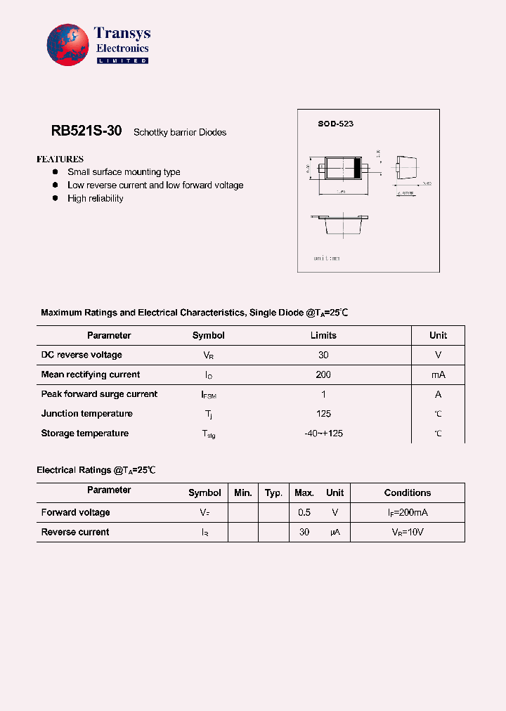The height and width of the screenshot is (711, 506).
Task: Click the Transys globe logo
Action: click(x=68, y=45)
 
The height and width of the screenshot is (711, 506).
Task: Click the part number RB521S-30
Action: click(x=86, y=131)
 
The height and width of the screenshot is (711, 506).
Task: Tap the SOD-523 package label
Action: click(x=335, y=124)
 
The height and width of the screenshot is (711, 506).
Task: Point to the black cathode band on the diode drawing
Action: click(x=356, y=168)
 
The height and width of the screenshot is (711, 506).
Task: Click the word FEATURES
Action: click(x=60, y=159)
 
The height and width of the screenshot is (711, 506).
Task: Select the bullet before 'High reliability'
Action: click(x=56, y=198)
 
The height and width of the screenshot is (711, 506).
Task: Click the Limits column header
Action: click(x=323, y=335)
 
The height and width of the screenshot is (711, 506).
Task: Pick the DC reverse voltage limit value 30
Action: click(x=323, y=355)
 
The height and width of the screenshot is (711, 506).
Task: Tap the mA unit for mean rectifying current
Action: click(x=438, y=374)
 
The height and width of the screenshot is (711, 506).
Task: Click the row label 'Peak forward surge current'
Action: click(x=99, y=394)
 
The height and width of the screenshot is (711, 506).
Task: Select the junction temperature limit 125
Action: click(x=323, y=414)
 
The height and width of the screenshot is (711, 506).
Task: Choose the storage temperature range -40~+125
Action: click(x=323, y=433)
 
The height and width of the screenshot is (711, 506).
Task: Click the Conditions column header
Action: click(x=407, y=493)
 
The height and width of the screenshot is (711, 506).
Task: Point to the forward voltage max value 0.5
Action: click(x=304, y=512)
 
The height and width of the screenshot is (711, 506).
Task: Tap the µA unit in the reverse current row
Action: click(x=335, y=533)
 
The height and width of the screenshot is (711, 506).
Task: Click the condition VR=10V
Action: click(x=408, y=533)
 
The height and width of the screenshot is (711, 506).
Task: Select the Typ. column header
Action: click(x=273, y=493)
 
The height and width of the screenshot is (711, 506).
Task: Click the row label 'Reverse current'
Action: click(x=75, y=532)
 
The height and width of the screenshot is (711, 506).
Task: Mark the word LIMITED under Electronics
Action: click(x=122, y=61)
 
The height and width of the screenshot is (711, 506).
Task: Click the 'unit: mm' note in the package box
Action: click(x=327, y=259)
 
